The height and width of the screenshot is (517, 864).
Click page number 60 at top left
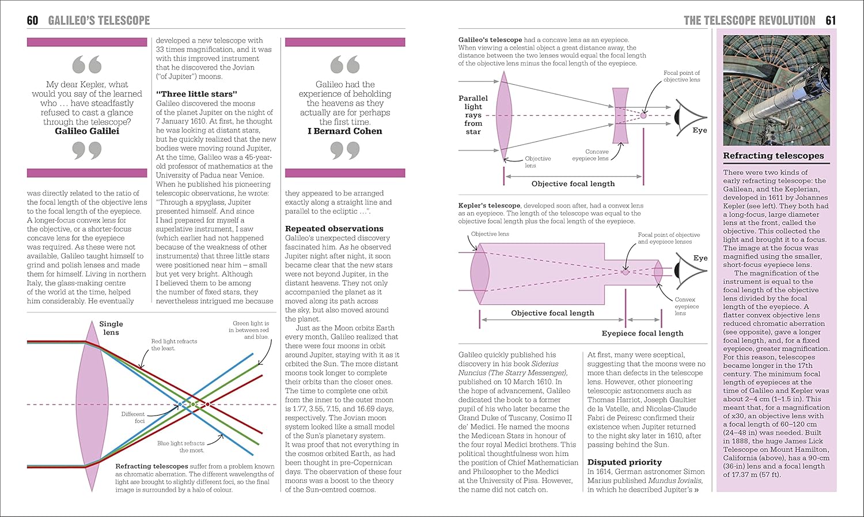point(32,21)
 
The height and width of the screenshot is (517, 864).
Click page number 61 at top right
point(830,21)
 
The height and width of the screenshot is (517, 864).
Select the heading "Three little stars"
point(196,94)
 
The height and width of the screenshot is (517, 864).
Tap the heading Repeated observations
point(334,229)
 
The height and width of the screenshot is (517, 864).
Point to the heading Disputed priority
point(624,462)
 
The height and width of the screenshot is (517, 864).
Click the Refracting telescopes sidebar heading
point(773,156)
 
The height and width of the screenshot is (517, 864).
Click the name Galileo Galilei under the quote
point(87,131)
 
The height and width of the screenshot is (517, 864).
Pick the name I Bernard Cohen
point(344,131)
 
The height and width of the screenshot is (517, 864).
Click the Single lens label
point(111,328)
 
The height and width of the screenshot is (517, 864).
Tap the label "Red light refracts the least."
point(174,345)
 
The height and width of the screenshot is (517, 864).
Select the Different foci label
point(133,417)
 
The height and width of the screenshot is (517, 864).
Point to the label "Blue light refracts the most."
point(181,447)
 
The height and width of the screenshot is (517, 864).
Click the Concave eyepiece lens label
point(590,155)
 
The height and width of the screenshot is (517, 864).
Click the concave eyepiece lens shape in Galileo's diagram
point(620,115)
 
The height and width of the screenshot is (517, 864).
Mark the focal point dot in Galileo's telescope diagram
point(643,115)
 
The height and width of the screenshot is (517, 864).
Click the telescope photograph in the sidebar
point(776,90)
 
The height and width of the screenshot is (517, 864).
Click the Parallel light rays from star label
point(473,115)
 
